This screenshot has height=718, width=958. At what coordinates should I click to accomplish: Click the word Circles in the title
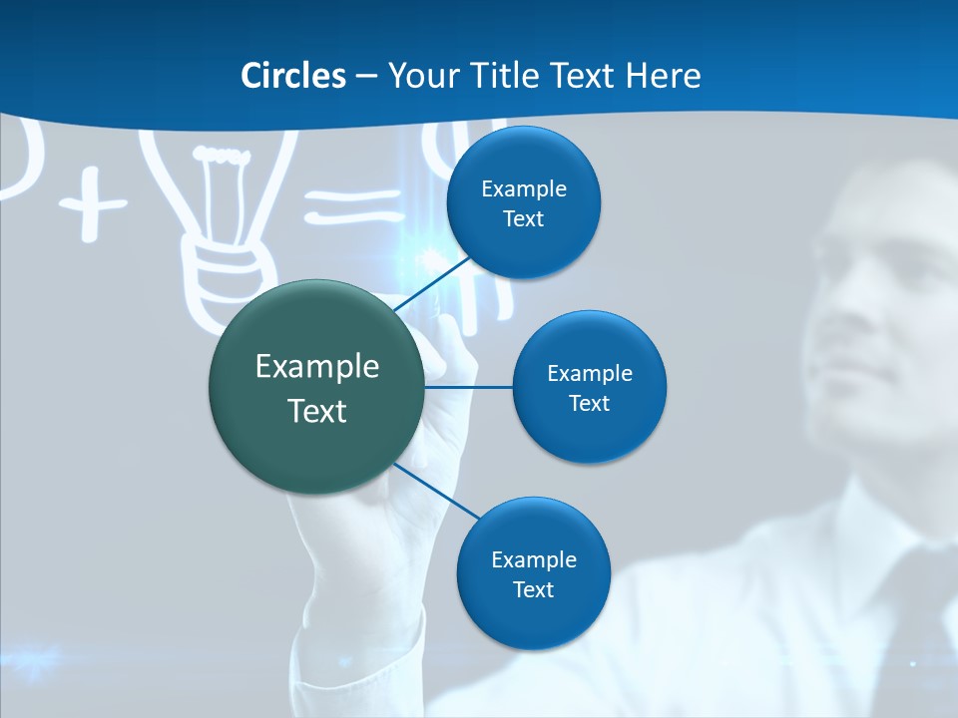pos(292,76)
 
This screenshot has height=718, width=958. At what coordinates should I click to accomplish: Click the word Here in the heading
pos(664,76)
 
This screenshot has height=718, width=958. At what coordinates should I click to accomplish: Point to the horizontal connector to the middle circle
pos(469,387)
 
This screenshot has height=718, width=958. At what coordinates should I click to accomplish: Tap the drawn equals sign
pos(353,205)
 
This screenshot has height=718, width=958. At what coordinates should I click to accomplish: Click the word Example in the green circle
pos(317,367)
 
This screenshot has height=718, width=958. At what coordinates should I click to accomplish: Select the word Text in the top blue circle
pos(524,219)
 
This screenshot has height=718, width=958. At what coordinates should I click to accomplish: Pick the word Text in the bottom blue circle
pos(533,590)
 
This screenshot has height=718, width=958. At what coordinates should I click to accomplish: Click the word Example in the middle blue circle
pos(590,374)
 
